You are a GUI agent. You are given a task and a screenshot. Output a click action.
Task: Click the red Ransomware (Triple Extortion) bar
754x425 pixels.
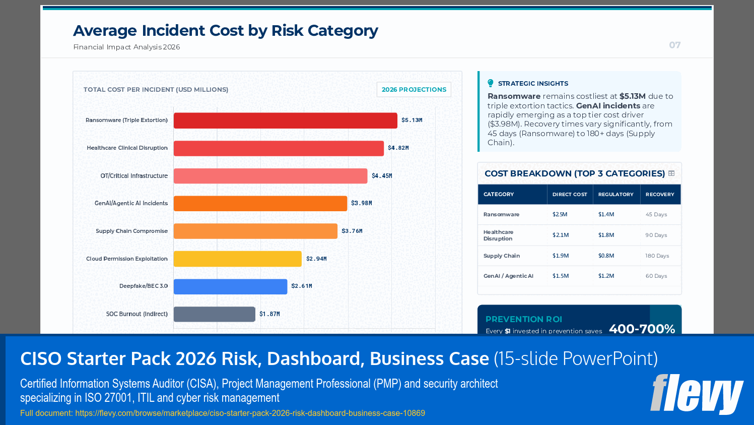pos(285,120)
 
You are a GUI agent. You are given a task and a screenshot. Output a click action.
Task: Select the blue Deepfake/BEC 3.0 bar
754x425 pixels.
pos(230,286)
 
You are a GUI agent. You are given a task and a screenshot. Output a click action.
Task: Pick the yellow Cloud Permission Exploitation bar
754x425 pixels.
pos(237,259)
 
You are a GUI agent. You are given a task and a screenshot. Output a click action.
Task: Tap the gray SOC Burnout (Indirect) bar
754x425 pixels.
pos(214,314)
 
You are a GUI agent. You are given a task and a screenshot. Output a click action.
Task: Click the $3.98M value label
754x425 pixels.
pos(361,203)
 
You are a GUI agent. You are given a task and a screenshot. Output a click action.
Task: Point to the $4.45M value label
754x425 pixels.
pos(382,176)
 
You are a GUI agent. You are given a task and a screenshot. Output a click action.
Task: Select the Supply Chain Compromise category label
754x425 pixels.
pos(131,231)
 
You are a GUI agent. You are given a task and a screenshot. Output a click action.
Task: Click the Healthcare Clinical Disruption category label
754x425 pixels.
pos(127,148)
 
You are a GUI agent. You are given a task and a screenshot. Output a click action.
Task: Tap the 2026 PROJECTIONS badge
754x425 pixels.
pos(414,89)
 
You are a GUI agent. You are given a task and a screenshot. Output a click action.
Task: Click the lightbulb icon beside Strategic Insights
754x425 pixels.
pos(491,83)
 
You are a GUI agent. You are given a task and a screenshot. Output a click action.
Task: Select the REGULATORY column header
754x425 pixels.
pos(615,194)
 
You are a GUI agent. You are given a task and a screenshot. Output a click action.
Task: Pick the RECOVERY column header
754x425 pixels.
pos(659,194)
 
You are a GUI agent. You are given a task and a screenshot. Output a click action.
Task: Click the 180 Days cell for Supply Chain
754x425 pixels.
pos(657,256)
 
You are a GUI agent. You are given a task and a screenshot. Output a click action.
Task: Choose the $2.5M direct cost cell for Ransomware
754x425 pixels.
pos(560,214)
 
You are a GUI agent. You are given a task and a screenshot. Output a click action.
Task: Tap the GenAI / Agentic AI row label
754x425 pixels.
pos(508,276)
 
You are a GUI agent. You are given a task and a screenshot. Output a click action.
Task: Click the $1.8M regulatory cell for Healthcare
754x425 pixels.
pos(606,235)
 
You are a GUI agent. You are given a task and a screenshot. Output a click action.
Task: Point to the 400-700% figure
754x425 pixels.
pos(642,329)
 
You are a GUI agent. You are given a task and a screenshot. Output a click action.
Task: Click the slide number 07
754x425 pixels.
pos(674,45)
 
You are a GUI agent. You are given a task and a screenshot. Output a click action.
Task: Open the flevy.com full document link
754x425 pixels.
pos(250,413)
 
